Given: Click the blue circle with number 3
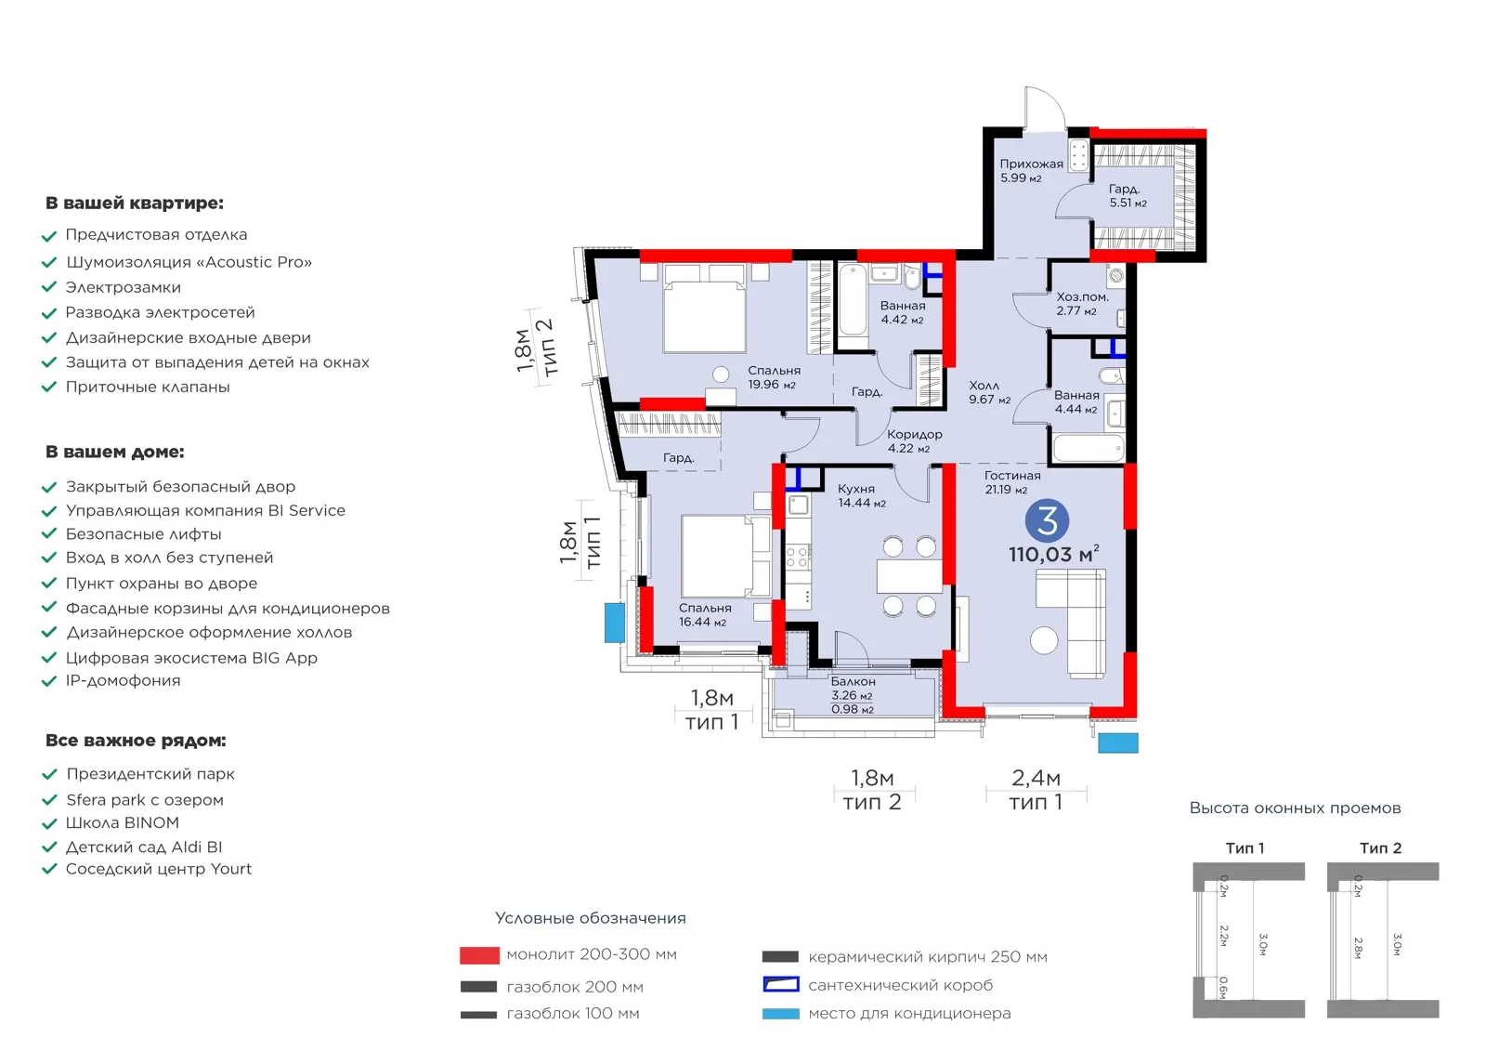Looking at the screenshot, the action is point(1046,520).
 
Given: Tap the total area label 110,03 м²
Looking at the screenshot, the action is point(1053,554).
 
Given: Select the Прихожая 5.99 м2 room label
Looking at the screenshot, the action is point(1031,171).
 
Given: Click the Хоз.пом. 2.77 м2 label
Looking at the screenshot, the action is point(1082,304).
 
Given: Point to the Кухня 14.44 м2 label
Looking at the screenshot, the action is point(861,496).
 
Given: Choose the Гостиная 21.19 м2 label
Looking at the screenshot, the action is point(1011,482).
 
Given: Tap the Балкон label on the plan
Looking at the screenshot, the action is point(854,682).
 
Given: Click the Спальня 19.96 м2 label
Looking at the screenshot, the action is point(774,378).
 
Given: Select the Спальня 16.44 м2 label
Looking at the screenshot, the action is point(705,615).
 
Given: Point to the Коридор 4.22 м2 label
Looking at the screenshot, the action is point(914,441).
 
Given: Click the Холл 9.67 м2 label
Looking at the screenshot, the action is point(989,392).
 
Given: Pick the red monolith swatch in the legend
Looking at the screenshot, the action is point(479,955).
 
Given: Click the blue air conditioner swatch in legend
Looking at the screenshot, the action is point(780,1014).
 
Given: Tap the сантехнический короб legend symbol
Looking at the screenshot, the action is point(780,985).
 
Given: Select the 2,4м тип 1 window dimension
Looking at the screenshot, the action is point(1036,790).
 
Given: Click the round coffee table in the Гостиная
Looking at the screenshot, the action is point(1044,640).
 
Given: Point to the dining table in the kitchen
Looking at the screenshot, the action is point(909,576).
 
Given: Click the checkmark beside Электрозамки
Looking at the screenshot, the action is point(49,287).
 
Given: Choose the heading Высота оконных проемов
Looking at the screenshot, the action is point(1295,808).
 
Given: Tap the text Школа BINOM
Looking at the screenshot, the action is point(122,822).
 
